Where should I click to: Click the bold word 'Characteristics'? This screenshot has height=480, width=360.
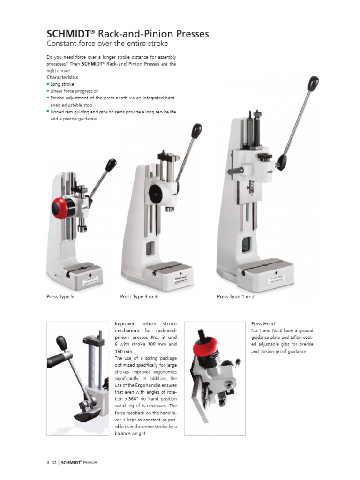pyautogui.click(x=62, y=77)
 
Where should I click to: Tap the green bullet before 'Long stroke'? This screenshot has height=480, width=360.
pyautogui.click(x=48, y=84)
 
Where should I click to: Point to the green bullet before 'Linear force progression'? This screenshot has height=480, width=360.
pyautogui.click(x=48, y=90)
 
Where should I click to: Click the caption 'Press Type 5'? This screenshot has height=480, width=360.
pyautogui.click(x=60, y=297)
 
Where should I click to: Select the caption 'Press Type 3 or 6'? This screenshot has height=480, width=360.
pyautogui.click(x=139, y=297)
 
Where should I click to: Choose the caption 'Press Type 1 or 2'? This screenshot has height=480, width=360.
pyautogui.click(x=236, y=297)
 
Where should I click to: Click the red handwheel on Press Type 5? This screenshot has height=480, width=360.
pyautogui.click(x=60, y=207)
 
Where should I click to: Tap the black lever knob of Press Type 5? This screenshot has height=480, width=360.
pyautogui.click(x=111, y=165)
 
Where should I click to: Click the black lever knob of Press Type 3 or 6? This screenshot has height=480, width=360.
pyautogui.click(x=197, y=130)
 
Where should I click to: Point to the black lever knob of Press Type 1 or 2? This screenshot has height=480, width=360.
pyautogui.click(x=313, y=83)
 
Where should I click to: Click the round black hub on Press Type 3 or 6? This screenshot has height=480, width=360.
pyautogui.click(x=155, y=192)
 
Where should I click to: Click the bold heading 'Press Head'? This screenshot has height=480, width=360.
pyautogui.click(x=263, y=324)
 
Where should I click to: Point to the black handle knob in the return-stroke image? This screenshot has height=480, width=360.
pyautogui.click(x=61, y=343)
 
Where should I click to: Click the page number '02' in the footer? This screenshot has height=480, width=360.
pyautogui.click(x=54, y=463)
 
